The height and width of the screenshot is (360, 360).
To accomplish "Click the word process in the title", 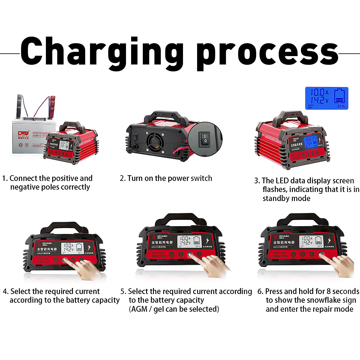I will point(267,52).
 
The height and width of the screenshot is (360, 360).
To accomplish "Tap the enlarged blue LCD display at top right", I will point(327,98).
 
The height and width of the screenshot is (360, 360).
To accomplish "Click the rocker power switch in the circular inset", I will point(205,139).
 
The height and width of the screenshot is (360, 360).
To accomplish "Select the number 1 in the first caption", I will point(4,178).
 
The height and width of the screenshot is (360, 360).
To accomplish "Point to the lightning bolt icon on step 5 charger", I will point(207,241).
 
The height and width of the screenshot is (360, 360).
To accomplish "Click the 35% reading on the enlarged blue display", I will point(340,106).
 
